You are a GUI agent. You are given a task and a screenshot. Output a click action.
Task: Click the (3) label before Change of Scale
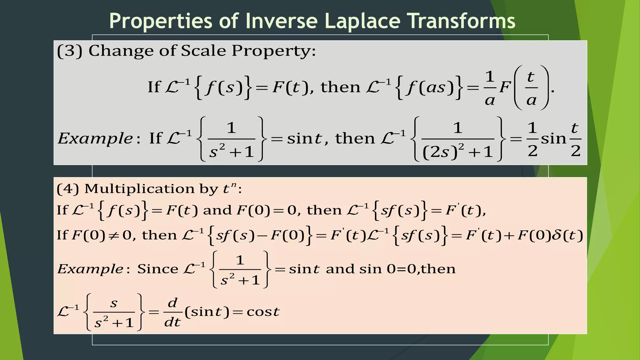[69, 51]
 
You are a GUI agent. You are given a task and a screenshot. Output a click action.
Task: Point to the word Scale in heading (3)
[203, 50]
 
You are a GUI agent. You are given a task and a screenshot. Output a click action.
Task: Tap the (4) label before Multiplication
[68, 189]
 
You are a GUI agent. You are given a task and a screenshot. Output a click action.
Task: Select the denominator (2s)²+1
[457, 152]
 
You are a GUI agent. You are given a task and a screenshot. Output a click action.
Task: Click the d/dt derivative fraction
[172, 312]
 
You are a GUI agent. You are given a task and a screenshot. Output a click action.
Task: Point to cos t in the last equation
[263, 312]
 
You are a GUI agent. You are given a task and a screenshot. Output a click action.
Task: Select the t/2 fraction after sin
[575, 139]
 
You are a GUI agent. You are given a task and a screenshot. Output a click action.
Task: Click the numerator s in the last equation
[114, 303]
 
